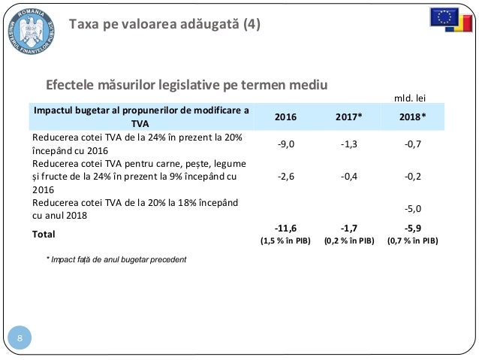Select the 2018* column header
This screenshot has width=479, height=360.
(411, 117)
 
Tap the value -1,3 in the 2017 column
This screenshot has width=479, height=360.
(348, 145)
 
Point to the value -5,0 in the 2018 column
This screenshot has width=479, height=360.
(411, 208)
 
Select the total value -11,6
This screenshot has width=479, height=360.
(285, 228)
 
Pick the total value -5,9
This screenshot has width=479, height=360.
(411, 228)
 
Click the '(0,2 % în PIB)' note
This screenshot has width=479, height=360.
(348, 241)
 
